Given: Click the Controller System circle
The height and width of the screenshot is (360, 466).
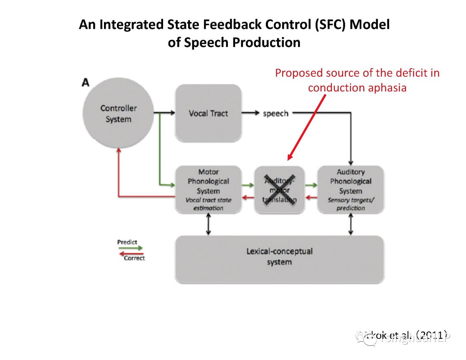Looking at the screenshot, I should click(x=118, y=113).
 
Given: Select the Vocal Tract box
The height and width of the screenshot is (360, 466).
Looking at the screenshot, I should click(x=208, y=113).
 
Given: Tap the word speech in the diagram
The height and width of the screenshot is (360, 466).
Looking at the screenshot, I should click(x=275, y=113).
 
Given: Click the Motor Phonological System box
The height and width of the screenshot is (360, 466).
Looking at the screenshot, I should click(x=208, y=189).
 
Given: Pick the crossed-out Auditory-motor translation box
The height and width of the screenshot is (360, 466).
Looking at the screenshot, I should click(x=279, y=190).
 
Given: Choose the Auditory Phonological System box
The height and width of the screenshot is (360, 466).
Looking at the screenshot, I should click(x=350, y=189).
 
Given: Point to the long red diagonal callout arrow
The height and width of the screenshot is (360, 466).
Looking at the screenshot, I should click(x=307, y=127).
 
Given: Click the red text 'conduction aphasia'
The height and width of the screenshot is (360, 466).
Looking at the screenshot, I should click(x=357, y=88).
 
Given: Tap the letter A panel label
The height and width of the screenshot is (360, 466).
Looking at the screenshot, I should click(x=85, y=82).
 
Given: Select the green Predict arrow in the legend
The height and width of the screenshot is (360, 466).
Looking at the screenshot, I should click(x=130, y=248).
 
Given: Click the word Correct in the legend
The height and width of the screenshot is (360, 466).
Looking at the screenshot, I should click(x=134, y=258).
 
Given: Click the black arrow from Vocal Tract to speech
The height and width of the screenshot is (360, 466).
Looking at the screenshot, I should click(x=251, y=113).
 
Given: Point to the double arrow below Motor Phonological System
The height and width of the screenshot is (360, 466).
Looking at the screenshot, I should click(x=208, y=224).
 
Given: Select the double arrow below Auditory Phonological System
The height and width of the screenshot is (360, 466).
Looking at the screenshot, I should click(x=350, y=224).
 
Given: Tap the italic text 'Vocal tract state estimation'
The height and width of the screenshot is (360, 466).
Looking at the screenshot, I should click(x=208, y=204).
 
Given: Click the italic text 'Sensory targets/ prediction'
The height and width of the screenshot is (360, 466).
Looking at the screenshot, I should click(x=350, y=204).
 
